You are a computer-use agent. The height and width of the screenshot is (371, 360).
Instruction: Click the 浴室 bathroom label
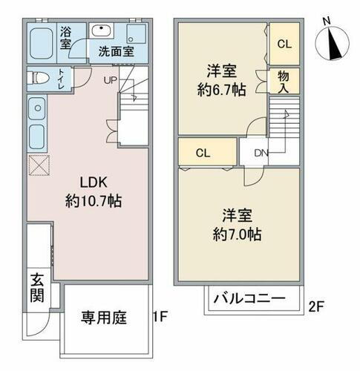(x=66, y=39)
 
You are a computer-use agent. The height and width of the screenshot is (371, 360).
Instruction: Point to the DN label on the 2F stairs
(x=261, y=154)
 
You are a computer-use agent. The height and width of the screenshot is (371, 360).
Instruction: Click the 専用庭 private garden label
(x=104, y=318)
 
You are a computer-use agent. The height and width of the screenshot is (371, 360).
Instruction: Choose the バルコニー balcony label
(x=250, y=301)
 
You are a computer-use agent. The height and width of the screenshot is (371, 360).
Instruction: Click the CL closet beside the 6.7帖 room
(x=284, y=43)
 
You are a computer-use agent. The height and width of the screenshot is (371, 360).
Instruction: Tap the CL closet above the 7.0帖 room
(x=203, y=154)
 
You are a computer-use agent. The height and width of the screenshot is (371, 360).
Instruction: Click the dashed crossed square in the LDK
(x=37, y=165)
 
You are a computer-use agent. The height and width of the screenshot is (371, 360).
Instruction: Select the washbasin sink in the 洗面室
(x=102, y=31)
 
